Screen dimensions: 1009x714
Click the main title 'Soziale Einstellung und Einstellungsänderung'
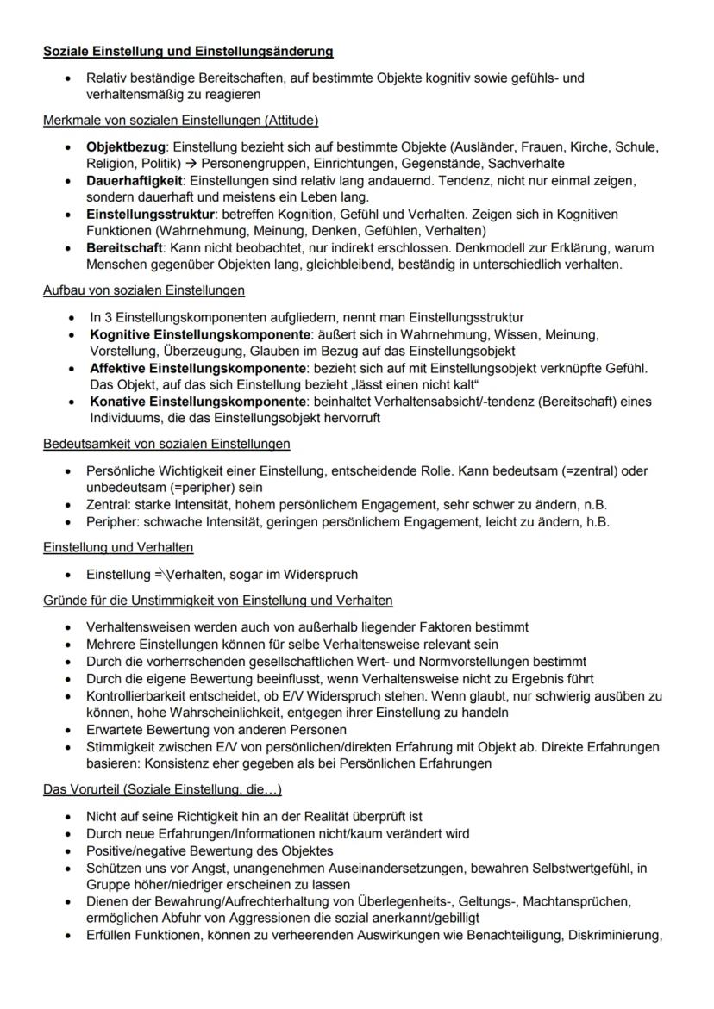point(189,52)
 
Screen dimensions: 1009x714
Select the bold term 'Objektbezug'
point(122,147)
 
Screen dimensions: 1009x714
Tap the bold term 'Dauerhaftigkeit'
point(134,180)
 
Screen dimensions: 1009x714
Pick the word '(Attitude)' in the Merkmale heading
point(288,119)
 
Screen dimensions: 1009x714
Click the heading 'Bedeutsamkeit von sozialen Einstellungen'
point(166,444)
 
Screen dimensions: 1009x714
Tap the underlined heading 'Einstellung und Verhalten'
point(118,547)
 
